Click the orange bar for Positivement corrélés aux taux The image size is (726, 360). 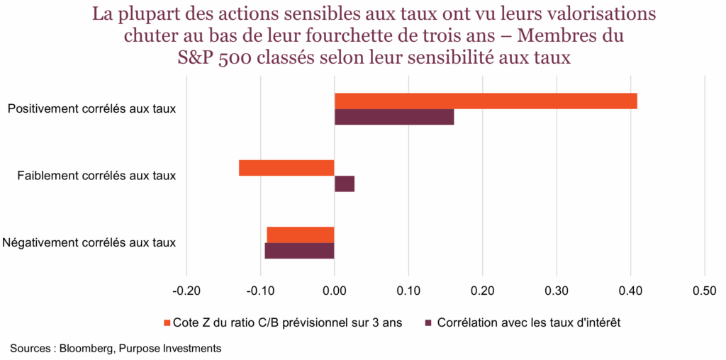(486, 101)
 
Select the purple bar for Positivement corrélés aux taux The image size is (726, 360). (394, 117)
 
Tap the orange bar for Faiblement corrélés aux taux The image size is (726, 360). (286, 168)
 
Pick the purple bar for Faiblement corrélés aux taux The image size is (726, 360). (345, 184)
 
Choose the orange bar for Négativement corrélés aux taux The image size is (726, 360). (301, 235)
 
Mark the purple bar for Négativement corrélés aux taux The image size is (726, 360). (299, 251)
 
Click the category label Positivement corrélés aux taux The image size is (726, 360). (91, 109)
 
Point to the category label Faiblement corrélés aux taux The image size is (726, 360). (96, 176)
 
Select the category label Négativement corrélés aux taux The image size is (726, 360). (89, 242)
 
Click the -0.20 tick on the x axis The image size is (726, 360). (186, 291)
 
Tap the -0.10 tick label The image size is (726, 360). (260, 291)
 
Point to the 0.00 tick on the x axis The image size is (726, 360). (335, 291)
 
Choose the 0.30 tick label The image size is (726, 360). (557, 291)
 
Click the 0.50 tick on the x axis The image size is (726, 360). (704, 291)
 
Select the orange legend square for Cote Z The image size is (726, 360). (167, 323)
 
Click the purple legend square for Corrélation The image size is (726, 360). (428, 323)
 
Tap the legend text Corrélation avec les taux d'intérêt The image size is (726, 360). (529, 323)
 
